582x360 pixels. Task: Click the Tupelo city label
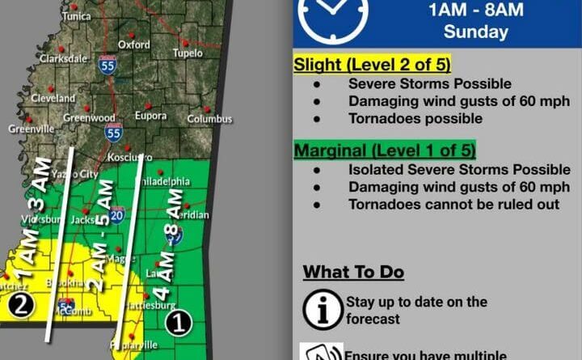[x=188, y=53]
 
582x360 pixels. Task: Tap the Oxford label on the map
[x=134, y=44]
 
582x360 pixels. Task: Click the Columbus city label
[x=209, y=119]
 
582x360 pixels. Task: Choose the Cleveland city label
[x=53, y=98]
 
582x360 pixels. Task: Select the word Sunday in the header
[x=475, y=33]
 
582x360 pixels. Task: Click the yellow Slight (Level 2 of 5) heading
[x=372, y=65]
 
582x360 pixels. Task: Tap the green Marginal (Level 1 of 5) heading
[x=385, y=150]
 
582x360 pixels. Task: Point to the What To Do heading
[x=353, y=272]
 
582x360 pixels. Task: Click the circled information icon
[x=321, y=309]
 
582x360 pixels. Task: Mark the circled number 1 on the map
[x=178, y=324]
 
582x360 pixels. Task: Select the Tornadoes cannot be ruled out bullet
[x=453, y=204]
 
